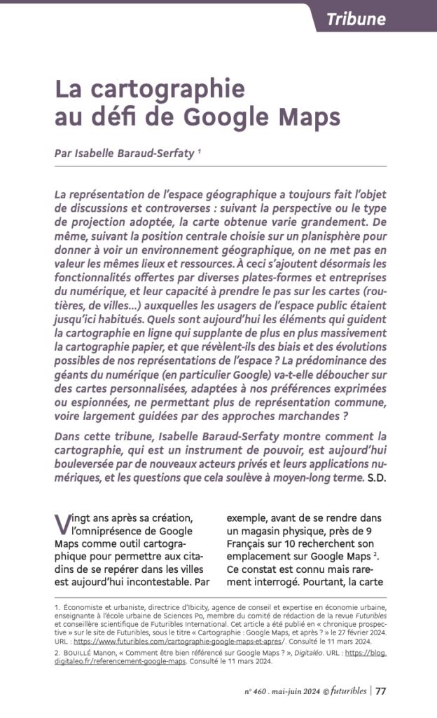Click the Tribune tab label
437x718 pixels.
356,19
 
